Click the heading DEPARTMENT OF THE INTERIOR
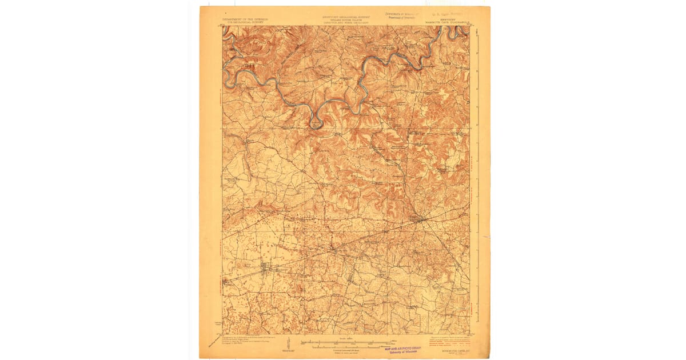pos(246,19)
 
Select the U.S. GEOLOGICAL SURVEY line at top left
pos(246,22)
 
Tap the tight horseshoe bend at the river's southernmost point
pos(316,122)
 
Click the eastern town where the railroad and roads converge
pos(421,219)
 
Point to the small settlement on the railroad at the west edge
pos(226,281)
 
